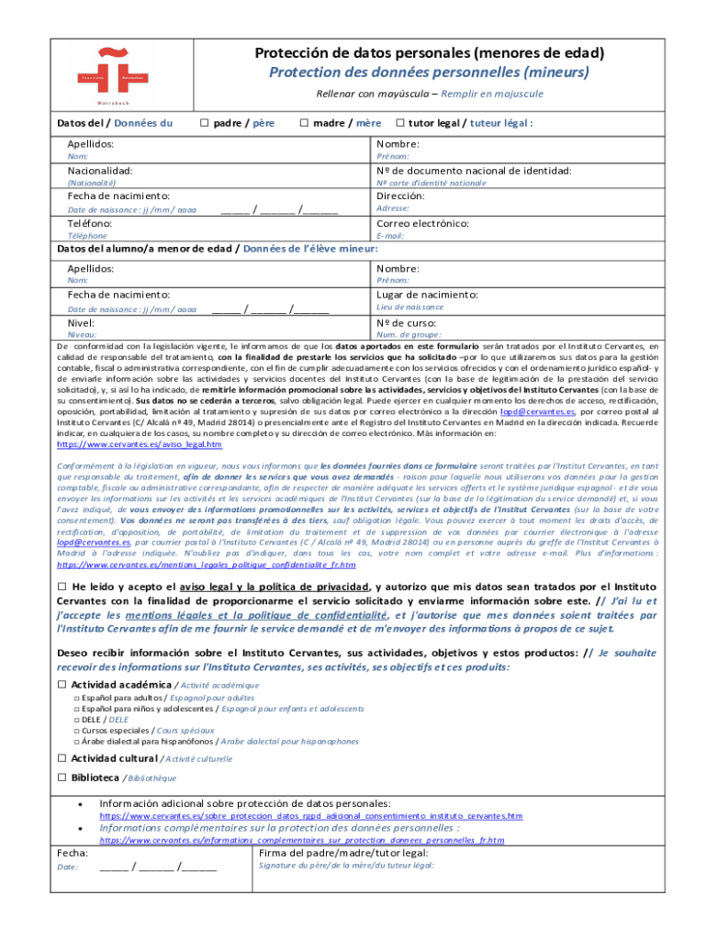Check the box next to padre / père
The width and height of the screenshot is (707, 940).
(205, 123)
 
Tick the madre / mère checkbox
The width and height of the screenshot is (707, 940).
(304, 123)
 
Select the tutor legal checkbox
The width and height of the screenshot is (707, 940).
(400, 123)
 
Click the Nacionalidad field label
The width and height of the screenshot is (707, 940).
(100, 171)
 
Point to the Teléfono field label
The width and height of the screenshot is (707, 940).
(90, 223)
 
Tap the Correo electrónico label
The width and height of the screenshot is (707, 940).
(422, 223)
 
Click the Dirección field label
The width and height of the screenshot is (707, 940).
(400, 196)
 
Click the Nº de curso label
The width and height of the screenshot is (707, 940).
(406, 323)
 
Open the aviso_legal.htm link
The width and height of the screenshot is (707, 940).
(140, 444)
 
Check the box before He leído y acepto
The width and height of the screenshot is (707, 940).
(62, 587)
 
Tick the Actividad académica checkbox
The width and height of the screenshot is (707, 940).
(62, 685)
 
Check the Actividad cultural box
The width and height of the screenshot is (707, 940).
(62, 758)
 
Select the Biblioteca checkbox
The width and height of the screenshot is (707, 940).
(62, 777)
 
